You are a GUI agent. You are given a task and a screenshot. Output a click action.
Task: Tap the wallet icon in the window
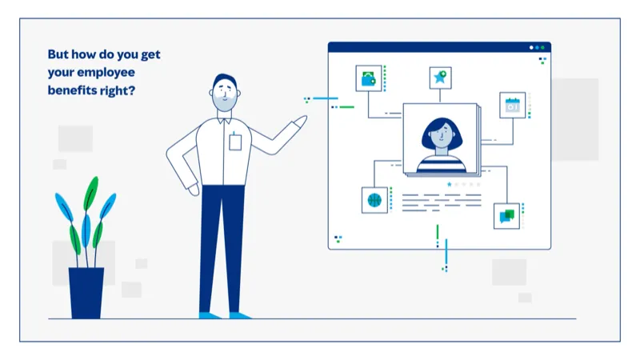tap(368, 78)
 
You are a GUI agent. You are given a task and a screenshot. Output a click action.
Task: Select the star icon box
tap(440, 78)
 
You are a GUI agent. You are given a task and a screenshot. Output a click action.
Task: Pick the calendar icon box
tap(512, 105)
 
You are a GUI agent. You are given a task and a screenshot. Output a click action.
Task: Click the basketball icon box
tap(374, 199)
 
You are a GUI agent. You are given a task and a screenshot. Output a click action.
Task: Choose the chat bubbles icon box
tap(506, 215)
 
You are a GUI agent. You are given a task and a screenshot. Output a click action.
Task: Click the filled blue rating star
tap(450, 185)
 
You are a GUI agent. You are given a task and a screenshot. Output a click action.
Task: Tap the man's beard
tap(226, 105)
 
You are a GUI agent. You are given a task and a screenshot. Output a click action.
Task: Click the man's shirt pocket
tap(235, 142)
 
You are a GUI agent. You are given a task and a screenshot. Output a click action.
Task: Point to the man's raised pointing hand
tap(298, 122)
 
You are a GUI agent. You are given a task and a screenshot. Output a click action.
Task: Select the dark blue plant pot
tap(86, 292)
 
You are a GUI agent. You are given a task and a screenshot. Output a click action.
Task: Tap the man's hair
tap(225, 81)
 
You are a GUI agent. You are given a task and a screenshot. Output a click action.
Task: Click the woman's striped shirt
tap(440, 163)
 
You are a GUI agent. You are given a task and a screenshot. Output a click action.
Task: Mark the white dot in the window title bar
tap(531, 47)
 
